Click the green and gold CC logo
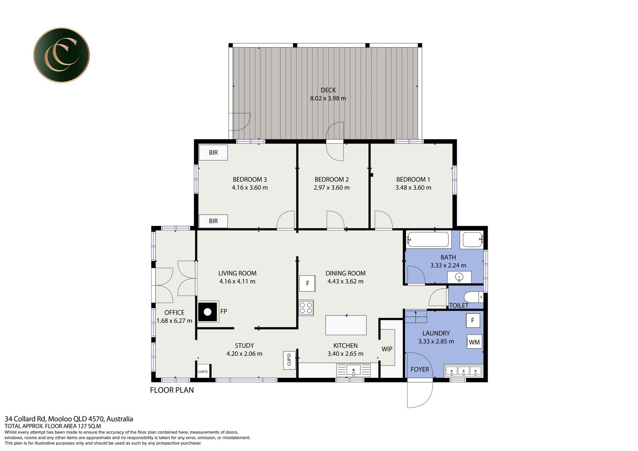tap(61, 55)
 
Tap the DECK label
tap(328, 90)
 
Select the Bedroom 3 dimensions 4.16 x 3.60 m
tap(250, 187)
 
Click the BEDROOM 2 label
tap(332, 180)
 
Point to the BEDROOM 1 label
tap(413, 180)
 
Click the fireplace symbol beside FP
tap(208, 312)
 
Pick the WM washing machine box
tap(474, 342)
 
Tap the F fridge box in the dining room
tap(307, 283)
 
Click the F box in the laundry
tap(473, 321)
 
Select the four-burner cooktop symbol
tap(306, 308)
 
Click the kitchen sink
tap(354, 370)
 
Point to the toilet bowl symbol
tap(473, 297)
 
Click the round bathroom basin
tap(459, 277)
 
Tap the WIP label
tap(387, 349)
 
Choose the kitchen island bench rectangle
tap(346, 325)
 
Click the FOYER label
tap(420, 369)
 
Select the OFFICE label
tap(174, 312)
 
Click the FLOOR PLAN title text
tap(172, 390)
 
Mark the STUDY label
tap(244, 346)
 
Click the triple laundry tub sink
tap(463, 371)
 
